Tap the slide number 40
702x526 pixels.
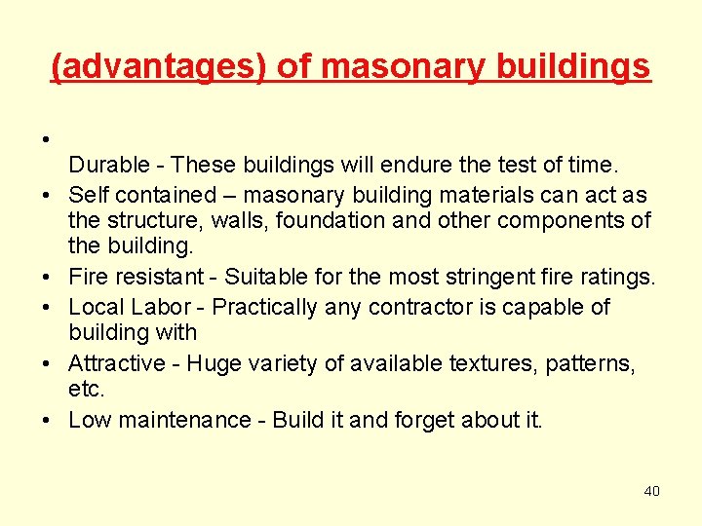[651, 490]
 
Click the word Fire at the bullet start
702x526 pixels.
[88, 278]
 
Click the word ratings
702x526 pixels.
[622, 279]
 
